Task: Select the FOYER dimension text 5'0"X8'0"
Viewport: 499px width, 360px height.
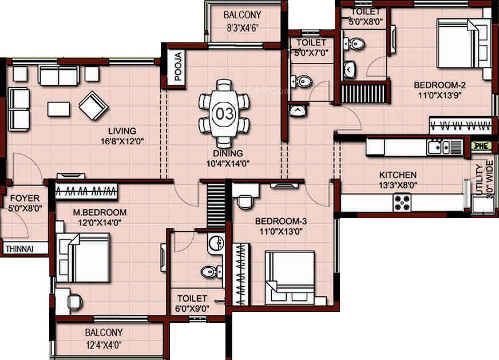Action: coord(23,209)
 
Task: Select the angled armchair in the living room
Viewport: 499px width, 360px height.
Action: coord(93,104)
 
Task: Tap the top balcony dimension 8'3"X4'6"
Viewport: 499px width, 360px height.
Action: coord(243,27)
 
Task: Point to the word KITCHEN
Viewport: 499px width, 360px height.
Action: coord(397,175)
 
